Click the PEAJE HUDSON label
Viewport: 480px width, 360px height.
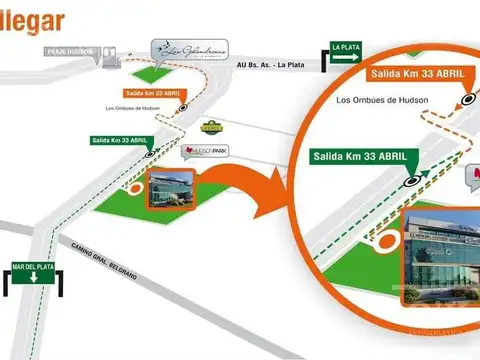[x=69, y=51]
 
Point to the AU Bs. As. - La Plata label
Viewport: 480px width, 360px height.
[x=271, y=66]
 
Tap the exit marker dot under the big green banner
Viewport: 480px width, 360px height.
[x=412, y=181]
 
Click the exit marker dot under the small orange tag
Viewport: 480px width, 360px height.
[x=181, y=107]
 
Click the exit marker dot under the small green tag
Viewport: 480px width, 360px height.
[x=150, y=154]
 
